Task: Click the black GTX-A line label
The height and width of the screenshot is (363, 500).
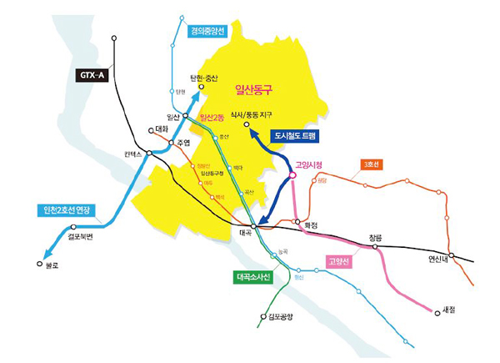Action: [92, 75]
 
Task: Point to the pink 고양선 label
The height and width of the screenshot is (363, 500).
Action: [339, 262]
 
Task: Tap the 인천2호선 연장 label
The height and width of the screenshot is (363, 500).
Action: [70, 209]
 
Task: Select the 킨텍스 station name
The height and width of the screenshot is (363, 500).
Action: [133, 154]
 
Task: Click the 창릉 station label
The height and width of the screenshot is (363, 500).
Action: [376, 238]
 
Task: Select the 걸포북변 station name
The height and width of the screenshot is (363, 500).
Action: [82, 236]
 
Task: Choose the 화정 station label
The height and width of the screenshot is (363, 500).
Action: [312, 224]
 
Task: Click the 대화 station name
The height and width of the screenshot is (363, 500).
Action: [163, 129]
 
